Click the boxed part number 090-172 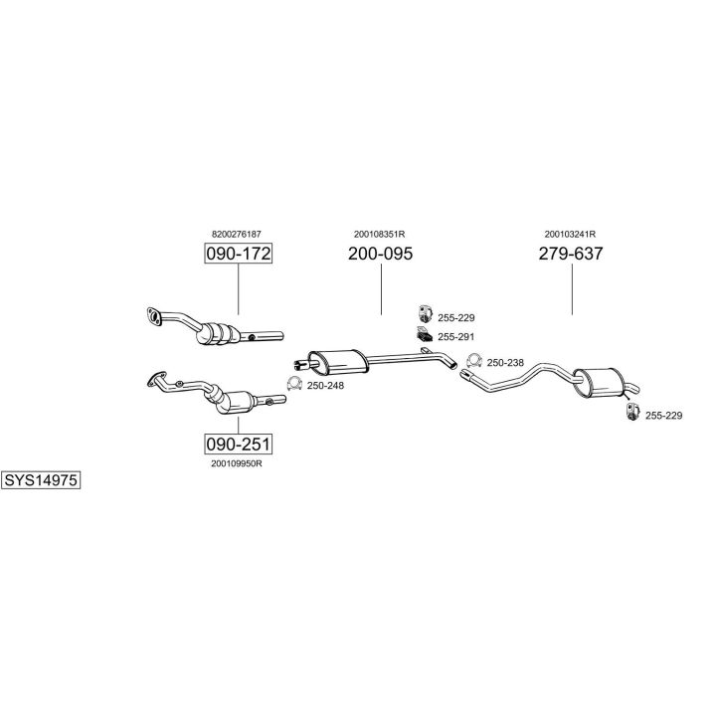coord(238,254)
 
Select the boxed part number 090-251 coord(238,443)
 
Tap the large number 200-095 coord(380,254)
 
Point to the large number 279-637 coord(571,254)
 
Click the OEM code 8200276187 coord(237,234)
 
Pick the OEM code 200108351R coord(379,234)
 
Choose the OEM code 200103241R coord(570,234)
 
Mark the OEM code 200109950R coord(237,462)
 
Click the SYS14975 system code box coord(41,480)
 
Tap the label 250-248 coord(325,385)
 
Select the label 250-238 coord(505,362)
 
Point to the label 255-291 coord(456,337)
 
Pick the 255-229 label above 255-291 coord(456,318)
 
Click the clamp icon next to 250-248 coord(294,384)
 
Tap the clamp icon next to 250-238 coord(474,361)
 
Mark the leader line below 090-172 coord(238,290)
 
